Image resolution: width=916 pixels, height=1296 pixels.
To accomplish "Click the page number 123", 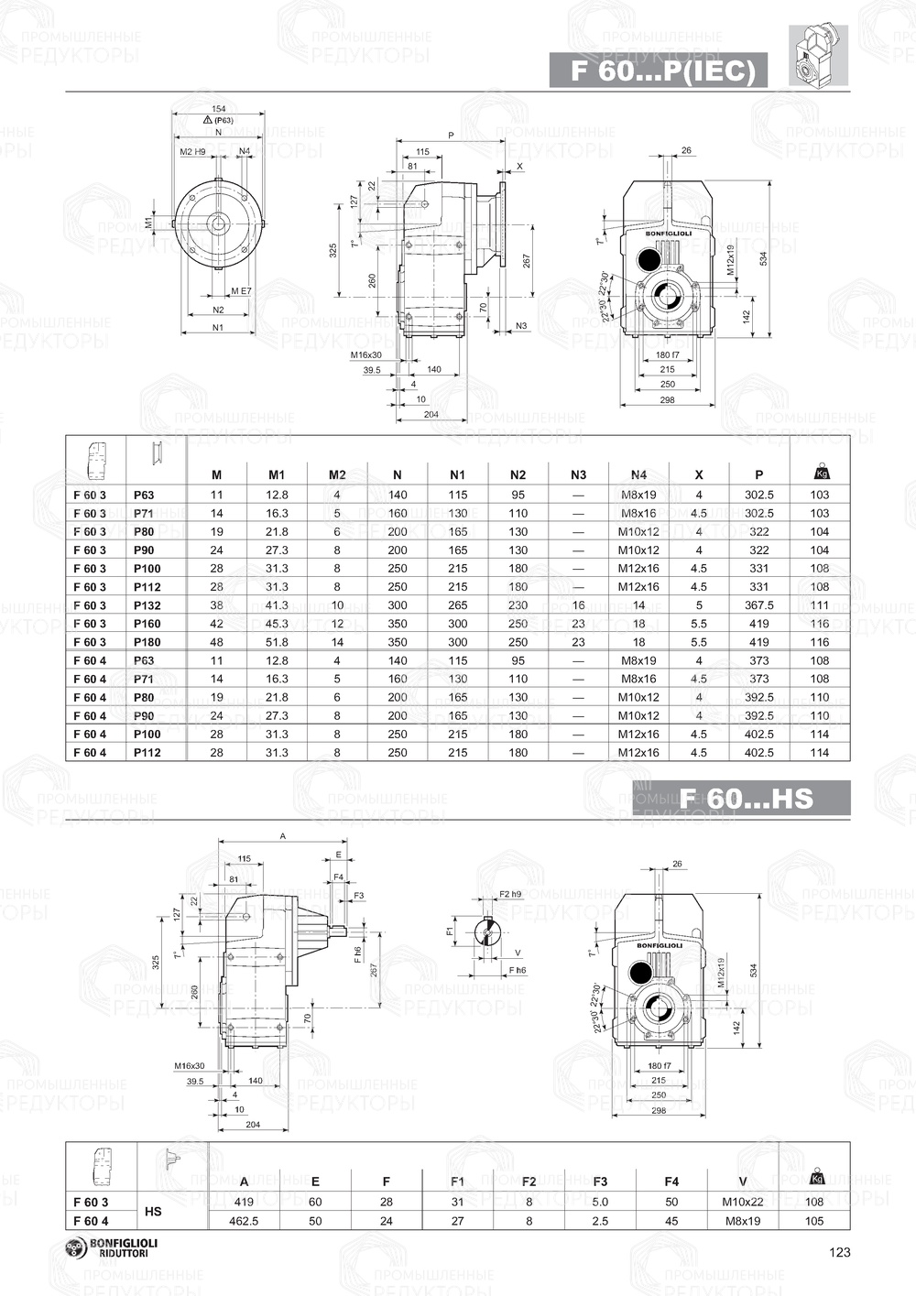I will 839,1252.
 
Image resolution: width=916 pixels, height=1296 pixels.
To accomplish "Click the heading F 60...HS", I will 746,798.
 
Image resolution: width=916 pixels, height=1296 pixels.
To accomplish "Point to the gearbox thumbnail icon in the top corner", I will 818,56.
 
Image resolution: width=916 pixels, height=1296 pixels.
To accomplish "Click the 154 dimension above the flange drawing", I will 218,109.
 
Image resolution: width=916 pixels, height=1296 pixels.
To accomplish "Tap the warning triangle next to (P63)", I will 208,120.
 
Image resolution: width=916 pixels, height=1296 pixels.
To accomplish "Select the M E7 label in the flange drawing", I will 241,291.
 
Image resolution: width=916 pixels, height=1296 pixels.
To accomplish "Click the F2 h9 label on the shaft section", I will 510,894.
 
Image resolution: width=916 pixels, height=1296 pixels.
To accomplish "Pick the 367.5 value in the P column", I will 758,605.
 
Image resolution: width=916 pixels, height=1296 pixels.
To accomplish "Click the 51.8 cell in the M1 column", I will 277,642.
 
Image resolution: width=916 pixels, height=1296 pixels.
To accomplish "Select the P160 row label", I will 147,624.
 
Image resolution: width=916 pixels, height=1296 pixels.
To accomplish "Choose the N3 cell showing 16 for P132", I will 578,605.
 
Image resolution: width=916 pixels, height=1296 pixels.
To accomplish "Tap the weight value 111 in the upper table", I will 819,605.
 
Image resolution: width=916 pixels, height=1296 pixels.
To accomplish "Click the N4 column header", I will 638,474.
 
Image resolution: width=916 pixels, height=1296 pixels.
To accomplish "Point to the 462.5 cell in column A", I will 244,1221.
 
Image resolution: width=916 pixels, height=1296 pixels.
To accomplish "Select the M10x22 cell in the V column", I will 743,1202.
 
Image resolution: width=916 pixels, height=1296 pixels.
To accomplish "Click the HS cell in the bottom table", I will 153,1211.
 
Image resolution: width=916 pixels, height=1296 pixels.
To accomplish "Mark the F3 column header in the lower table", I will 600,1182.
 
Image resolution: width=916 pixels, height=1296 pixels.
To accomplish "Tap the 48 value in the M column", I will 216,642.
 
